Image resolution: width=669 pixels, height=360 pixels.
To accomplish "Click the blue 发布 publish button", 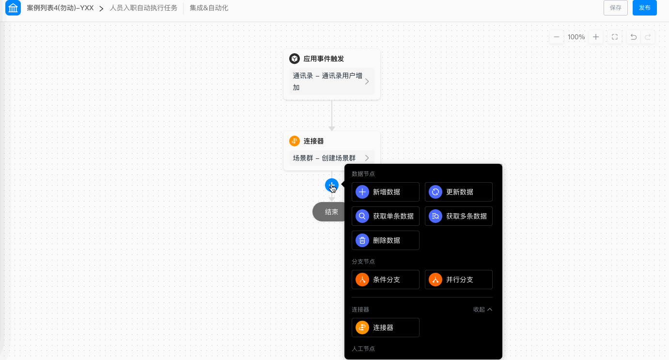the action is (x=644, y=8).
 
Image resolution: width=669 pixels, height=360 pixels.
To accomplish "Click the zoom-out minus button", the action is (x=557, y=37).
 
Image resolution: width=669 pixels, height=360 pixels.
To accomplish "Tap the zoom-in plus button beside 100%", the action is (x=596, y=37).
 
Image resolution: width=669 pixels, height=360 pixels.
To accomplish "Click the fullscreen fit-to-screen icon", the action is (x=615, y=37).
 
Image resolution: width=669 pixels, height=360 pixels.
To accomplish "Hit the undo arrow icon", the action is (x=634, y=37).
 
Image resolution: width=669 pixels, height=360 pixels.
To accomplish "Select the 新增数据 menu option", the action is (x=385, y=192).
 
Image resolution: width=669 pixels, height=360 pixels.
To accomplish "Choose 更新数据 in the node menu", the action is (x=458, y=192).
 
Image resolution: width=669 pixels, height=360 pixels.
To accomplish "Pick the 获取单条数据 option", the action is (x=385, y=216).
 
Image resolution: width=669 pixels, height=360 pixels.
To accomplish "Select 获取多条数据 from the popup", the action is (x=458, y=216).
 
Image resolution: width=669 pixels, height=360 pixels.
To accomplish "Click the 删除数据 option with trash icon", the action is (x=385, y=240).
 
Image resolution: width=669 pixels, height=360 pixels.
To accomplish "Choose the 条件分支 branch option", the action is (x=385, y=280).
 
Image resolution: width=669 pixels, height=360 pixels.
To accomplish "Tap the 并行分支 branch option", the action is (x=458, y=280).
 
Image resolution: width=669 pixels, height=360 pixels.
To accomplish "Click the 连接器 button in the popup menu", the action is (x=385, y=328).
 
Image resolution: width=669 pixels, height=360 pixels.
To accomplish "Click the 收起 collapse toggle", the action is (x=482, y=310).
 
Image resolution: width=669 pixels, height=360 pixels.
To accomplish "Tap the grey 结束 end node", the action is (x=329, y=212).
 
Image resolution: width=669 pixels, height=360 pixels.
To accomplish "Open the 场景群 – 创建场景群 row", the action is (x=331, y=158).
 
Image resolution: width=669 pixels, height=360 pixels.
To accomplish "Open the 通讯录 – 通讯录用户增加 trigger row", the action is (x=331, y=81).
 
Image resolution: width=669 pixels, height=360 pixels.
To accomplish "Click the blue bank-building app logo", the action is (x=13, y=8).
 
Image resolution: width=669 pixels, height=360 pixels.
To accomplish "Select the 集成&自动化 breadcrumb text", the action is (x=209, y=8).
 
